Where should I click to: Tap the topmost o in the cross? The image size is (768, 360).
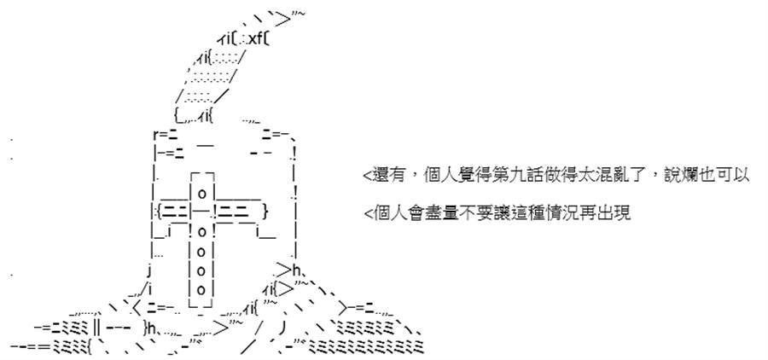[x=201, y=193]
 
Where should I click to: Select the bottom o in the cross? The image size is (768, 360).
[x=201, y=287]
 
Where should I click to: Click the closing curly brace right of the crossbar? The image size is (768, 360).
[x=265, y=212]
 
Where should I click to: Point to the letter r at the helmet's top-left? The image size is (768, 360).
[x=156, y=133]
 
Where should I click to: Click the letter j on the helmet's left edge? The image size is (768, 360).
[x=148, y=270]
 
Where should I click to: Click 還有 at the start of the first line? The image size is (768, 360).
[x=386, y=176]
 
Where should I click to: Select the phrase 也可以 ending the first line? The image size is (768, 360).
[x=729, y=176]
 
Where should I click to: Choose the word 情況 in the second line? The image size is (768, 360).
[x=554, y=214]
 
